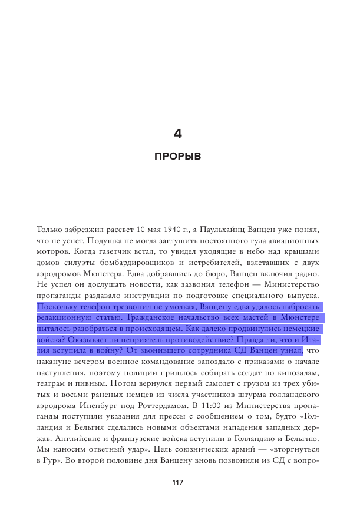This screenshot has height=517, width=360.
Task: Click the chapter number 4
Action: [177, 134]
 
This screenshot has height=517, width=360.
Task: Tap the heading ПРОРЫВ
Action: [177, 157]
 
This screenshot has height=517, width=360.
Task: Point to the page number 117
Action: [177, 482]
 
